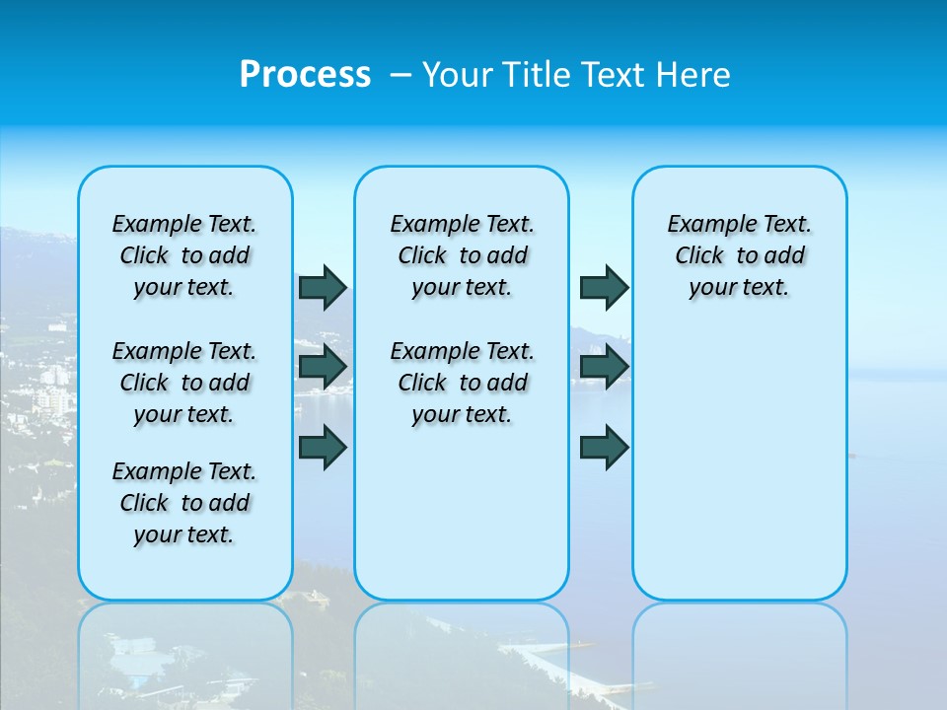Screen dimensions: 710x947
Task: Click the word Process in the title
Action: (x=305, y=74)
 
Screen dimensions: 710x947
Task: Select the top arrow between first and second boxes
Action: (x=322, y=287)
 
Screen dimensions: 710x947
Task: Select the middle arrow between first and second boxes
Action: (x=322, y=367)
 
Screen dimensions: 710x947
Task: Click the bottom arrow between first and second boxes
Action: (x=322, y=447)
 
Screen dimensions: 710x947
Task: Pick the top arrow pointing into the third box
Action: (x=604, y=287)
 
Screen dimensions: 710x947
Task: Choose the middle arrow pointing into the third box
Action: (x=604, y=367)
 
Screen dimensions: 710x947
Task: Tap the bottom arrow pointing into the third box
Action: (x=604, y=447)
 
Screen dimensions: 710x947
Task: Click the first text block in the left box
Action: (x=184, y=255)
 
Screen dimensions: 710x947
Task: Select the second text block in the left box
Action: (x=184, y=383)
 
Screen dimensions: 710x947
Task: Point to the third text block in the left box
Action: (x=184, y=503)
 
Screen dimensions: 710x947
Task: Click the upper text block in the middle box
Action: (x=462, y=255)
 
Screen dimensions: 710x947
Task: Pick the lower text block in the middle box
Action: (x=462, y=383)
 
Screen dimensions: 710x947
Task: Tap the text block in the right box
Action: (x=739, y=255)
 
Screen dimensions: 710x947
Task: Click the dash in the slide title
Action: (x=400, y=74)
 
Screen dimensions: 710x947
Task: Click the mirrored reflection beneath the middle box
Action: (x=462, y=651)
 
